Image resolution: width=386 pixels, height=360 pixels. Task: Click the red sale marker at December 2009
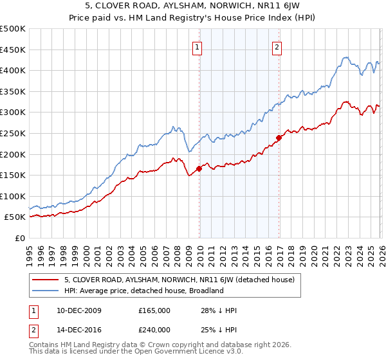coord(199,169)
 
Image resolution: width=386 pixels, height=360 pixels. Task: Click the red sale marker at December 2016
coord(279,138)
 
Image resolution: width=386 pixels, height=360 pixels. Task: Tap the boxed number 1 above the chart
coord(197,46)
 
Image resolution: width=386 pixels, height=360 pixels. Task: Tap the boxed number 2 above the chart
coord(277,46)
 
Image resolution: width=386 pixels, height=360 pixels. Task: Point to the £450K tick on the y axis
coord(13,50)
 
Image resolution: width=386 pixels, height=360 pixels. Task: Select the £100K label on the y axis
coord(13,196)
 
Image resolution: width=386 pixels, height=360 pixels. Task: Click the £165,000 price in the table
coord(154,310)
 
